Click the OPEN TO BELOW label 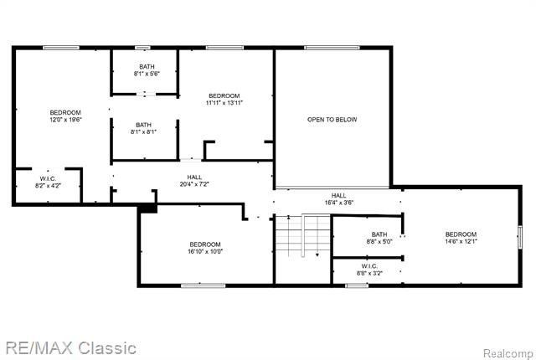click(x=332, y=120)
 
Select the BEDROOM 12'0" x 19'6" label click(x=64, y=116)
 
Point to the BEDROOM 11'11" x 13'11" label click(x=224, y=99)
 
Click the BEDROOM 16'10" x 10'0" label click(x=204, y=248)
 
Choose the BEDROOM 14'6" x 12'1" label click(x=461, y=238)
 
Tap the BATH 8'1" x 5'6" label click(x=145, y=70)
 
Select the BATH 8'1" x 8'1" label click(x=144, y=128)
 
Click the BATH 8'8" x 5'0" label click(x=379, y=238)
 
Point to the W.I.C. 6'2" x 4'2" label click(x=47, y=182)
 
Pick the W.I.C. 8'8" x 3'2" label click(x=369, y=270)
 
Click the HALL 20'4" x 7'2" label click(x=194, y=181)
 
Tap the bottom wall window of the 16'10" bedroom click(x=204, y=285)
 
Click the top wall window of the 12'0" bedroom click(x=61, y=48)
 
